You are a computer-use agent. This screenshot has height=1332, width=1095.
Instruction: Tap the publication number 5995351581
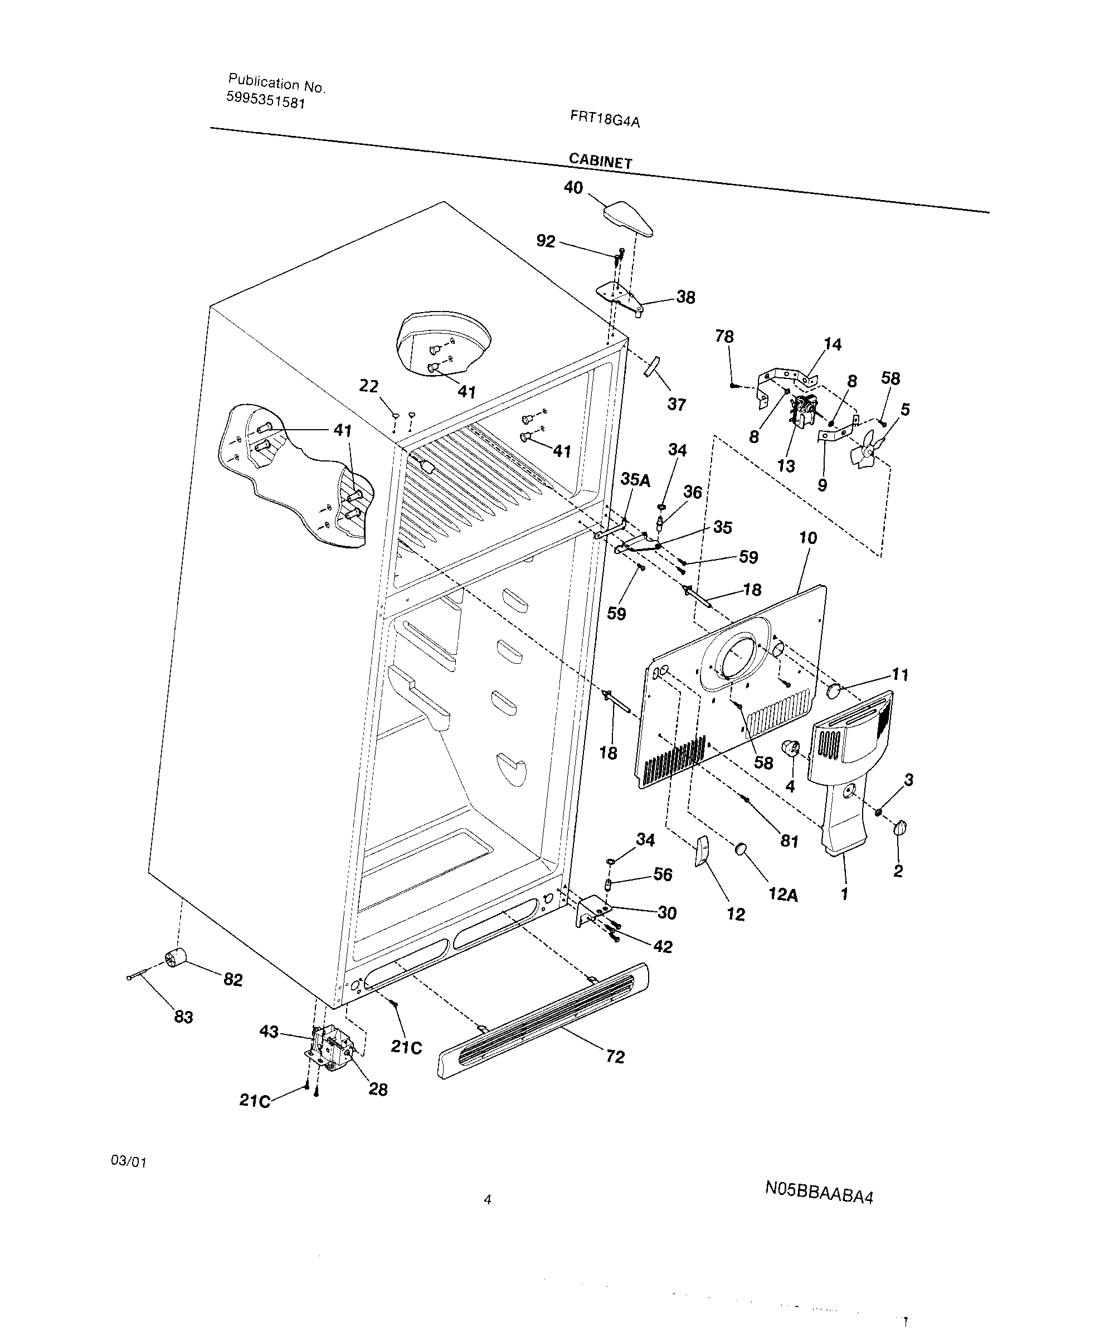click(266, 100)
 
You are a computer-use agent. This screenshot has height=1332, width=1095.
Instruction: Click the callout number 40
click(573, 187)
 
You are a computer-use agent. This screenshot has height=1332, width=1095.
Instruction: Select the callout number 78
click(724, 336)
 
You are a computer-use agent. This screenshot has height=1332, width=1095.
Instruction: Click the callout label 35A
click(635, 479)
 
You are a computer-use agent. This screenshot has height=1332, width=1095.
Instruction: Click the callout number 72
click(615, 1056)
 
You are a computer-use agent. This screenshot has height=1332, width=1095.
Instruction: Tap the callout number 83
click(183, 1017)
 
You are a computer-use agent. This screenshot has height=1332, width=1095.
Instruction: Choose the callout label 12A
click(783, 895)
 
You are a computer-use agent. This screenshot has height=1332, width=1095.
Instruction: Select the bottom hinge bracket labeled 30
click(592, 911)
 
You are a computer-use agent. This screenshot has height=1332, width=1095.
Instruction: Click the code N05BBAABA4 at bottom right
click(819, 1192)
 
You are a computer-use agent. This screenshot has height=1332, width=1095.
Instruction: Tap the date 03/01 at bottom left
click(129, 1161)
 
